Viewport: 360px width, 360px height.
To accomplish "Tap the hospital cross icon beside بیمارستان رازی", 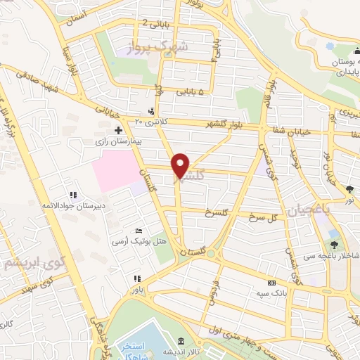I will point(118,130).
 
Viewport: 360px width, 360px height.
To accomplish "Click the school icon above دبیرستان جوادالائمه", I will point(72,195).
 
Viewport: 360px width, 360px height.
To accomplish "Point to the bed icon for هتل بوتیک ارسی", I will point(139,231).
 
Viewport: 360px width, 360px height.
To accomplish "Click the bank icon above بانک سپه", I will point(271,282).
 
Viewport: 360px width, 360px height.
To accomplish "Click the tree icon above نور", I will point(349,188).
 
